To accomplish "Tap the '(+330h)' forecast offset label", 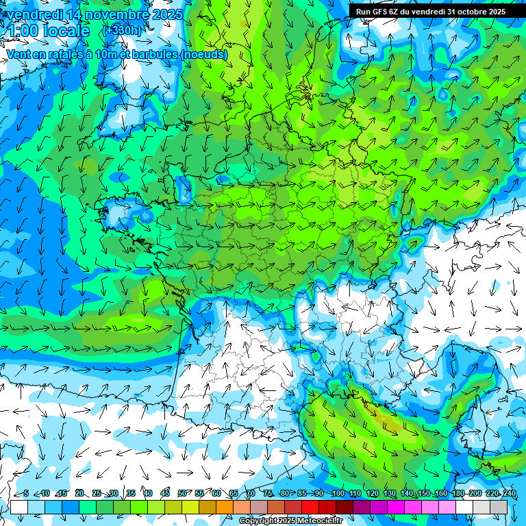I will pos(123,31).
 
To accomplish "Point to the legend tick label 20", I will pos(79,494).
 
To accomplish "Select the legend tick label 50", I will pos(182,494).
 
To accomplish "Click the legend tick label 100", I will pos(338,494).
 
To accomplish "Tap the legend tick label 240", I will pos(509,494).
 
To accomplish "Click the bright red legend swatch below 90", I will pos(311,507).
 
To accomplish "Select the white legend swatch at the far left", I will pos(19,507).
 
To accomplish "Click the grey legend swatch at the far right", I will pos(499,507).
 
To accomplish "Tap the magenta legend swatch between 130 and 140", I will pos(397,507).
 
